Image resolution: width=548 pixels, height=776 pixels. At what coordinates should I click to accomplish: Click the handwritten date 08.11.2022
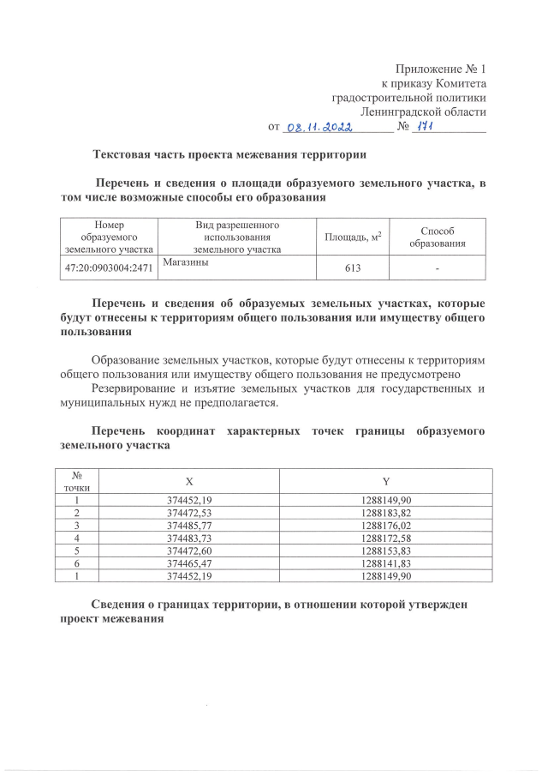click(x=319, y=126)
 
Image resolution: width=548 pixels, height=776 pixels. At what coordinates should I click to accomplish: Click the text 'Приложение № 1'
click(x=440, y=68)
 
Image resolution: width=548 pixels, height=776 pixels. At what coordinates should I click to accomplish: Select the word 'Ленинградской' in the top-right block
click(x=401, y=111)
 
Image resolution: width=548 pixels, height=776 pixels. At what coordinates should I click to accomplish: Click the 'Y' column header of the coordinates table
click(x=386, y=481)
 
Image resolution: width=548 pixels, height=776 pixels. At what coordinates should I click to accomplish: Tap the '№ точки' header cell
click(x=78, y=481)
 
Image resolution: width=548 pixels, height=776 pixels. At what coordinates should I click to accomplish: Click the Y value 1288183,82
click(x=386, y=512)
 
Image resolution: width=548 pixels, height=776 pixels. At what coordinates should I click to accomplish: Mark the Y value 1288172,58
click(x=386, y=538)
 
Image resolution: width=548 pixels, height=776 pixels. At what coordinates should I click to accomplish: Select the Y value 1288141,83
click(x=386, y=562)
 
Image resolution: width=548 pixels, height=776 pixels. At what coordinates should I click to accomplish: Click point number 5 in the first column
click(x=78, y=550)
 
